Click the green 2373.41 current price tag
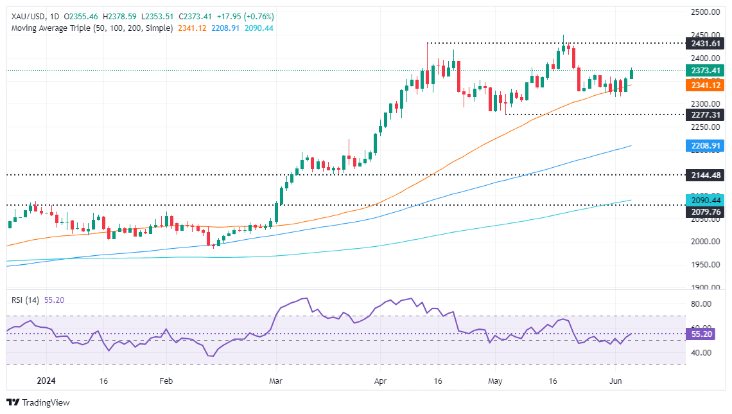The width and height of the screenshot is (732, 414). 704,71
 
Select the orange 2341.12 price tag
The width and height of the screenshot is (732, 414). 704,85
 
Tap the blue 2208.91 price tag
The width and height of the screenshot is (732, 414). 704,146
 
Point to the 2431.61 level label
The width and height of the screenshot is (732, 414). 704,43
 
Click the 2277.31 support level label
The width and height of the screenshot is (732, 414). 704,114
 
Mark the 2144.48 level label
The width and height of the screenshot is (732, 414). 704,175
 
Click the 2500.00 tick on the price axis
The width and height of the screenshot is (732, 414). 704,12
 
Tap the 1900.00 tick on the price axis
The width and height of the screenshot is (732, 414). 704,287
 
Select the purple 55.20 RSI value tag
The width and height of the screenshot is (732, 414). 704,334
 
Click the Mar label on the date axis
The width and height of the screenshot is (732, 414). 275,381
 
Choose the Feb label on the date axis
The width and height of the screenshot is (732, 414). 166,381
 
